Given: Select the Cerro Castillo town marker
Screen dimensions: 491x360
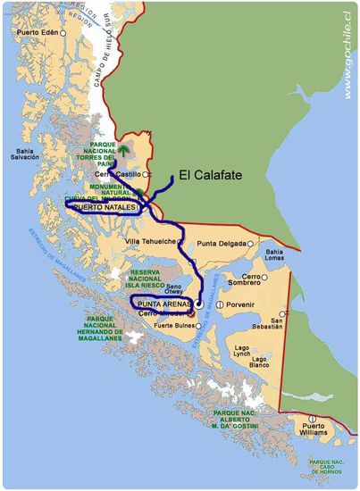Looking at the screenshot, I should click(147, 174).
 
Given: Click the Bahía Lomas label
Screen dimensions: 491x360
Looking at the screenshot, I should click(273, 256).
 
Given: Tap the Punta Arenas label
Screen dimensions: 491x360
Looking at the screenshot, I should click(164, 304).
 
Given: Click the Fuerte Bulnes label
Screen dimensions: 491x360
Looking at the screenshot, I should click(174, 325).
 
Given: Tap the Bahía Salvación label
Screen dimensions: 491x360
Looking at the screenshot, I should click(25, 153).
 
